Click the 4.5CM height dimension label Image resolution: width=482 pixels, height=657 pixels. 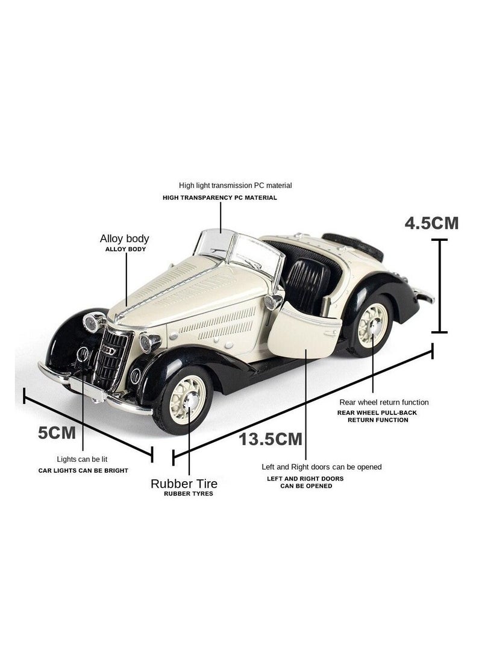(431, 223)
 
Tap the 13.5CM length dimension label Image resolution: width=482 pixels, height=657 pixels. (271, 438)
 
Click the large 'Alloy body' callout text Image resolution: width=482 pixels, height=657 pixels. (124, 239)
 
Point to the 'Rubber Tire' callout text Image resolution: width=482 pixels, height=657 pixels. (184, 483)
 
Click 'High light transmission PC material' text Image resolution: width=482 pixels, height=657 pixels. (235, 185)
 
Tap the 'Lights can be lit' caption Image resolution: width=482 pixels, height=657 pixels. (82, 459)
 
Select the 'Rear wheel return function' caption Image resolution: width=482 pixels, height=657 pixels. (384, 402)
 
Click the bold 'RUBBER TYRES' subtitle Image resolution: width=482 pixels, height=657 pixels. (188, 494)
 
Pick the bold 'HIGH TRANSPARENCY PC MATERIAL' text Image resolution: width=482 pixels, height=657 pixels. (220, 198)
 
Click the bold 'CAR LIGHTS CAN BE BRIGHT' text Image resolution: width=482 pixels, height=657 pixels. (83, 470)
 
